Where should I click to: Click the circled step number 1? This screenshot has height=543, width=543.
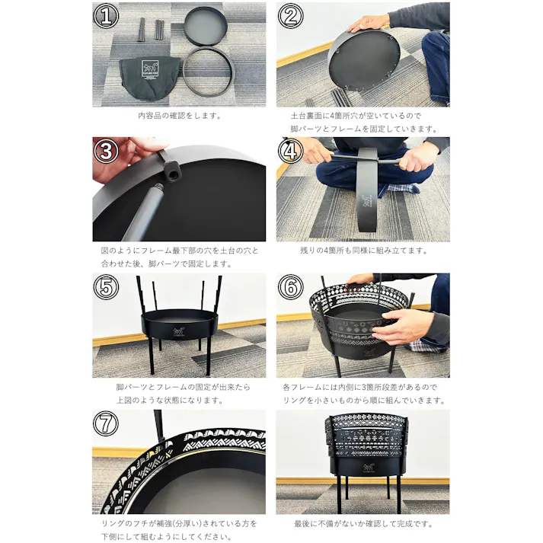click(106, 16)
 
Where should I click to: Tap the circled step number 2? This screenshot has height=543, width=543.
click(290, 16)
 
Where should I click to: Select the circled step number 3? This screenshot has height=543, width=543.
click(106, 151)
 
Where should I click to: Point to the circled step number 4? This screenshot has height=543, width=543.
click(290, 151)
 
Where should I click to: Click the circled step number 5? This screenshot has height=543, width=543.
click(106, 287)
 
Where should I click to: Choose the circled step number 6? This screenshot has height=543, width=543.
click(290, 287)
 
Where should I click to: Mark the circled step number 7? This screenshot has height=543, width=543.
click(106, 423)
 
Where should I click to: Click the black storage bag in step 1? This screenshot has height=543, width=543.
click(149, 78)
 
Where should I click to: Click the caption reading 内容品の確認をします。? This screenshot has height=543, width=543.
click(180, 116)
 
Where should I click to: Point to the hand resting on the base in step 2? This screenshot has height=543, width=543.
click(369, 23)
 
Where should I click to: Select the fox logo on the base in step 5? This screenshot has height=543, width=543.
click(179, 331)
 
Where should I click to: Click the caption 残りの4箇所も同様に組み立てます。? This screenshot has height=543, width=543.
click(363, 251)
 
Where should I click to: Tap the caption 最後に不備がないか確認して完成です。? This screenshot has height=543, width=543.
click(363, 524)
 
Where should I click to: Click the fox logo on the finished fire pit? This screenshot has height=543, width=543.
click(367, 468)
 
